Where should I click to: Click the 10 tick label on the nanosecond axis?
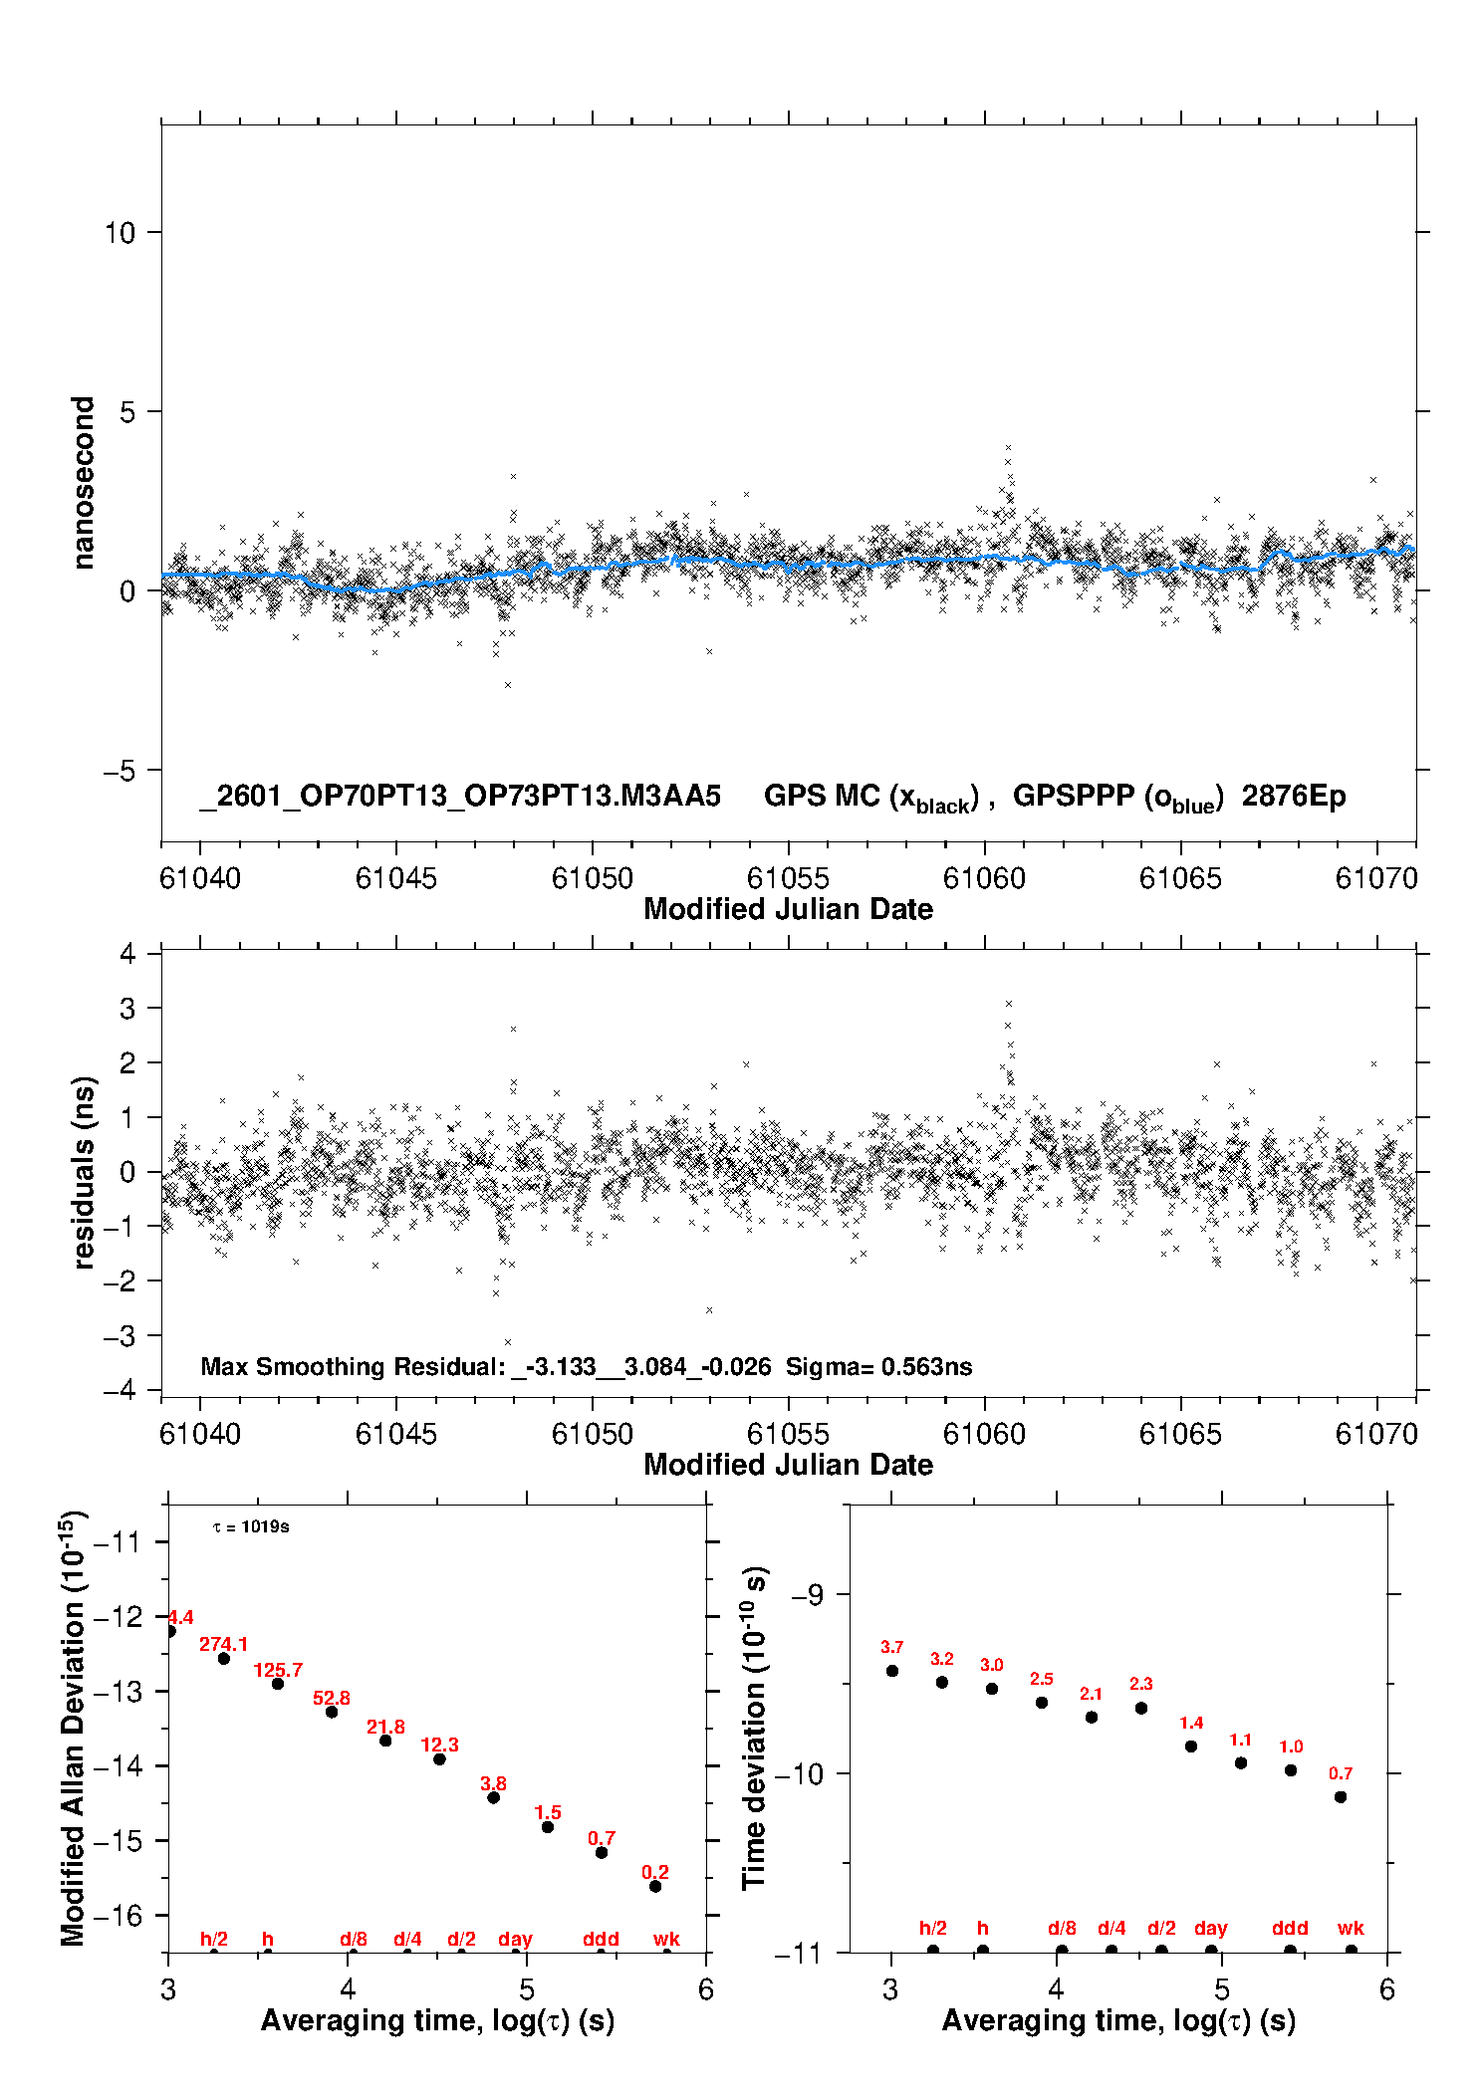(120, 233)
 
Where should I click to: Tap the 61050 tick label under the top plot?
(592, 878)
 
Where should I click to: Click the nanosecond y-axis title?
(83, 483)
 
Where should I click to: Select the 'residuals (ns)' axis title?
(84, 1172)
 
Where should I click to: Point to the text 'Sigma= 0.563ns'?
(878, 1366)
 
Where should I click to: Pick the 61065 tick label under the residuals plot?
(1179, 1434)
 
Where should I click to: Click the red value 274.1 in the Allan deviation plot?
(223, 1644)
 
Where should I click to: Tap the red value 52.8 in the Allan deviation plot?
(332, 1698)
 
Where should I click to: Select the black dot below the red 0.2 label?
(655, 1886)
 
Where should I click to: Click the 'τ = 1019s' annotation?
(251, 1526)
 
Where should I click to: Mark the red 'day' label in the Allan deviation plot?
(515, 1939)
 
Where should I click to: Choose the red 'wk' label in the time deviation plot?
(1351, 1928)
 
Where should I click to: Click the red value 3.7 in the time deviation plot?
(891, 1647)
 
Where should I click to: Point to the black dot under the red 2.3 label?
(1141, 1708)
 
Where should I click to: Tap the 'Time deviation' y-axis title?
(754, 1728)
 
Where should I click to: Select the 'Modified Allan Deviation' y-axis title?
(73, 1728)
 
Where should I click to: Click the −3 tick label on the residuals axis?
(120, 1335)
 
